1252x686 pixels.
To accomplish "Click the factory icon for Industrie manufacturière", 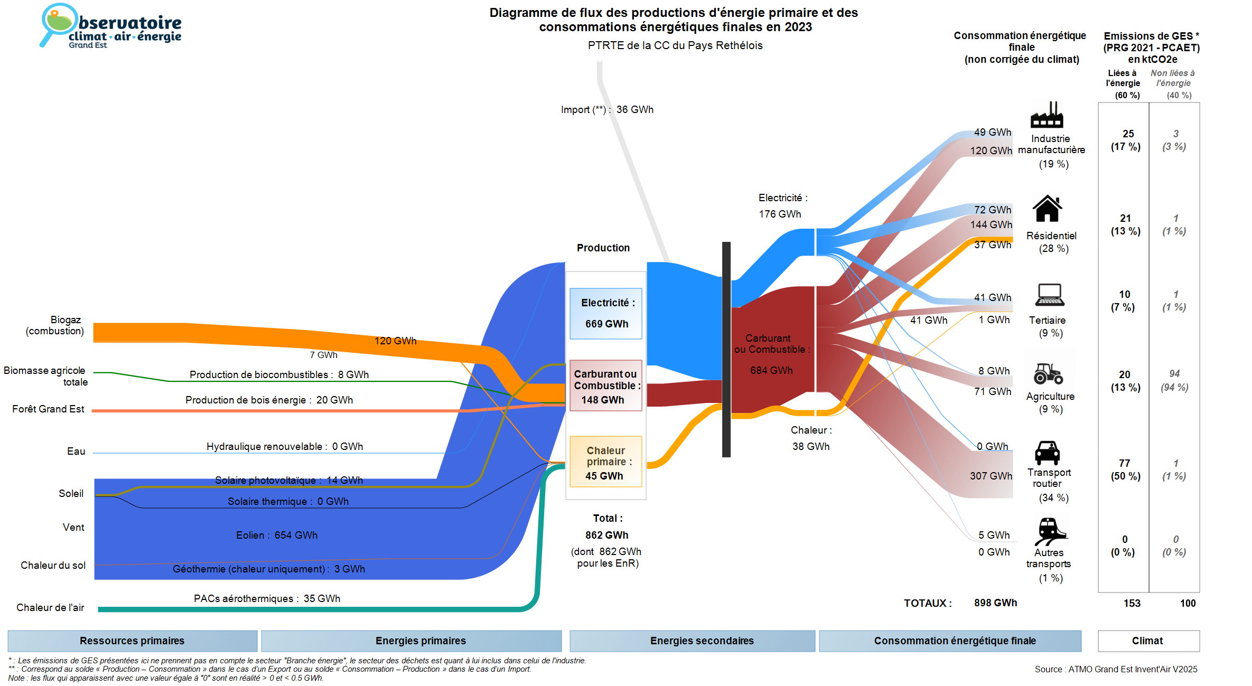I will (x=1047, y=115).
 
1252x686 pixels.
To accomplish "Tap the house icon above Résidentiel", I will (x=1047, y=209).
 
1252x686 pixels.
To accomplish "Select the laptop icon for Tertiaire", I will (x=1049, y=295).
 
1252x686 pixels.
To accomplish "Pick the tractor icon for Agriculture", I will (x=1048, y=373).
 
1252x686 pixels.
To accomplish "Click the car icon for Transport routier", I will (x=1047, y=453).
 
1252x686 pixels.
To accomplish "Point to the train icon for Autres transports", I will (x=1050, y=531).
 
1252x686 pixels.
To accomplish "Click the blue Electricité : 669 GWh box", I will (x=606, y=313).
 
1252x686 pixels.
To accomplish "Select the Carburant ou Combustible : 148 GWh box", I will (x=606, y=386).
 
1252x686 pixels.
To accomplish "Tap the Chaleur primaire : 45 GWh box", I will (x=606, y=462).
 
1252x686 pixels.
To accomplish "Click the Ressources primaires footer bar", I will (x=132, y=641).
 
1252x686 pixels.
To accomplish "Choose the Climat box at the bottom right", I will (x=1148, y=641).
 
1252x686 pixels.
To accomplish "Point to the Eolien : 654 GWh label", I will (x=277, y=535).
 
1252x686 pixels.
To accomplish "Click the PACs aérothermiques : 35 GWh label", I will (x=267, y=598).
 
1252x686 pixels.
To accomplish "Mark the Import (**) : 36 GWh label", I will (x=607, y=109).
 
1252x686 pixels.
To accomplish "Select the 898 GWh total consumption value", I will (x=995, y=603).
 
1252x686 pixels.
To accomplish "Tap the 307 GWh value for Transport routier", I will (x=991, y=476).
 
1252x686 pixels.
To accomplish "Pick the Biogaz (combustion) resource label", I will (x=55, y=325).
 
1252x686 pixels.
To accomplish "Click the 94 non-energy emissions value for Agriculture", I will (x=1174, y=373).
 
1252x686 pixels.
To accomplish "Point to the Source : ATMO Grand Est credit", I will (x=1116, y=669).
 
